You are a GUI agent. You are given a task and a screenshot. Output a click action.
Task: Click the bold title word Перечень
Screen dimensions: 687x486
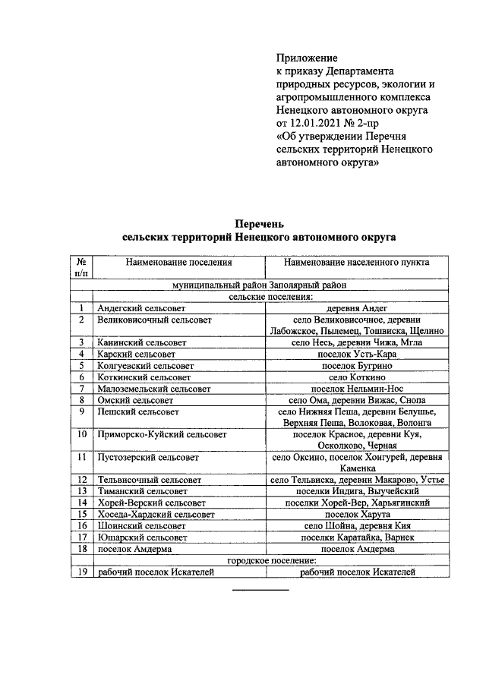(259, 224)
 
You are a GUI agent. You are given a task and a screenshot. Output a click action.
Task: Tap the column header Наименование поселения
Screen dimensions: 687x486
(179, 263)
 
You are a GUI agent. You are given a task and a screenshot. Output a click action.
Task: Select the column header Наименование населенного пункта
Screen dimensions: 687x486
(356, 263)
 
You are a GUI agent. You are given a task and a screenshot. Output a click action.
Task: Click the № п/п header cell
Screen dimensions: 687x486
(80, 268)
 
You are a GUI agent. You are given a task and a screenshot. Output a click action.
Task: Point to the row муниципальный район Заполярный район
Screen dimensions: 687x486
(259, 285)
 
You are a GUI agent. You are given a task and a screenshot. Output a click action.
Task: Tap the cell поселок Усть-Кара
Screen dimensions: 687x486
(356, 354)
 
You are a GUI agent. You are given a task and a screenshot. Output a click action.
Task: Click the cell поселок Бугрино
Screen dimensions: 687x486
(356, 365)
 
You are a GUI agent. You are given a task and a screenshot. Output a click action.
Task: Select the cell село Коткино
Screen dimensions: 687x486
(356, 377)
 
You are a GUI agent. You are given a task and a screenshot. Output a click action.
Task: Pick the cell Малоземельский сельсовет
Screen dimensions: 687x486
(153, 388)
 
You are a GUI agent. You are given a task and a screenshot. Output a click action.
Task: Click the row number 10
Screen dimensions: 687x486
(80, 435)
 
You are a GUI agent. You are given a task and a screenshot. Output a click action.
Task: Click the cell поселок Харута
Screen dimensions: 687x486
(356, 514)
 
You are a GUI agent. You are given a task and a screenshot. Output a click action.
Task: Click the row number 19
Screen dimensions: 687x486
(80, 572)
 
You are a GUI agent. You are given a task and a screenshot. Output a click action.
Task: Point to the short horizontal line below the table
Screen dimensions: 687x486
(260, 589)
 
